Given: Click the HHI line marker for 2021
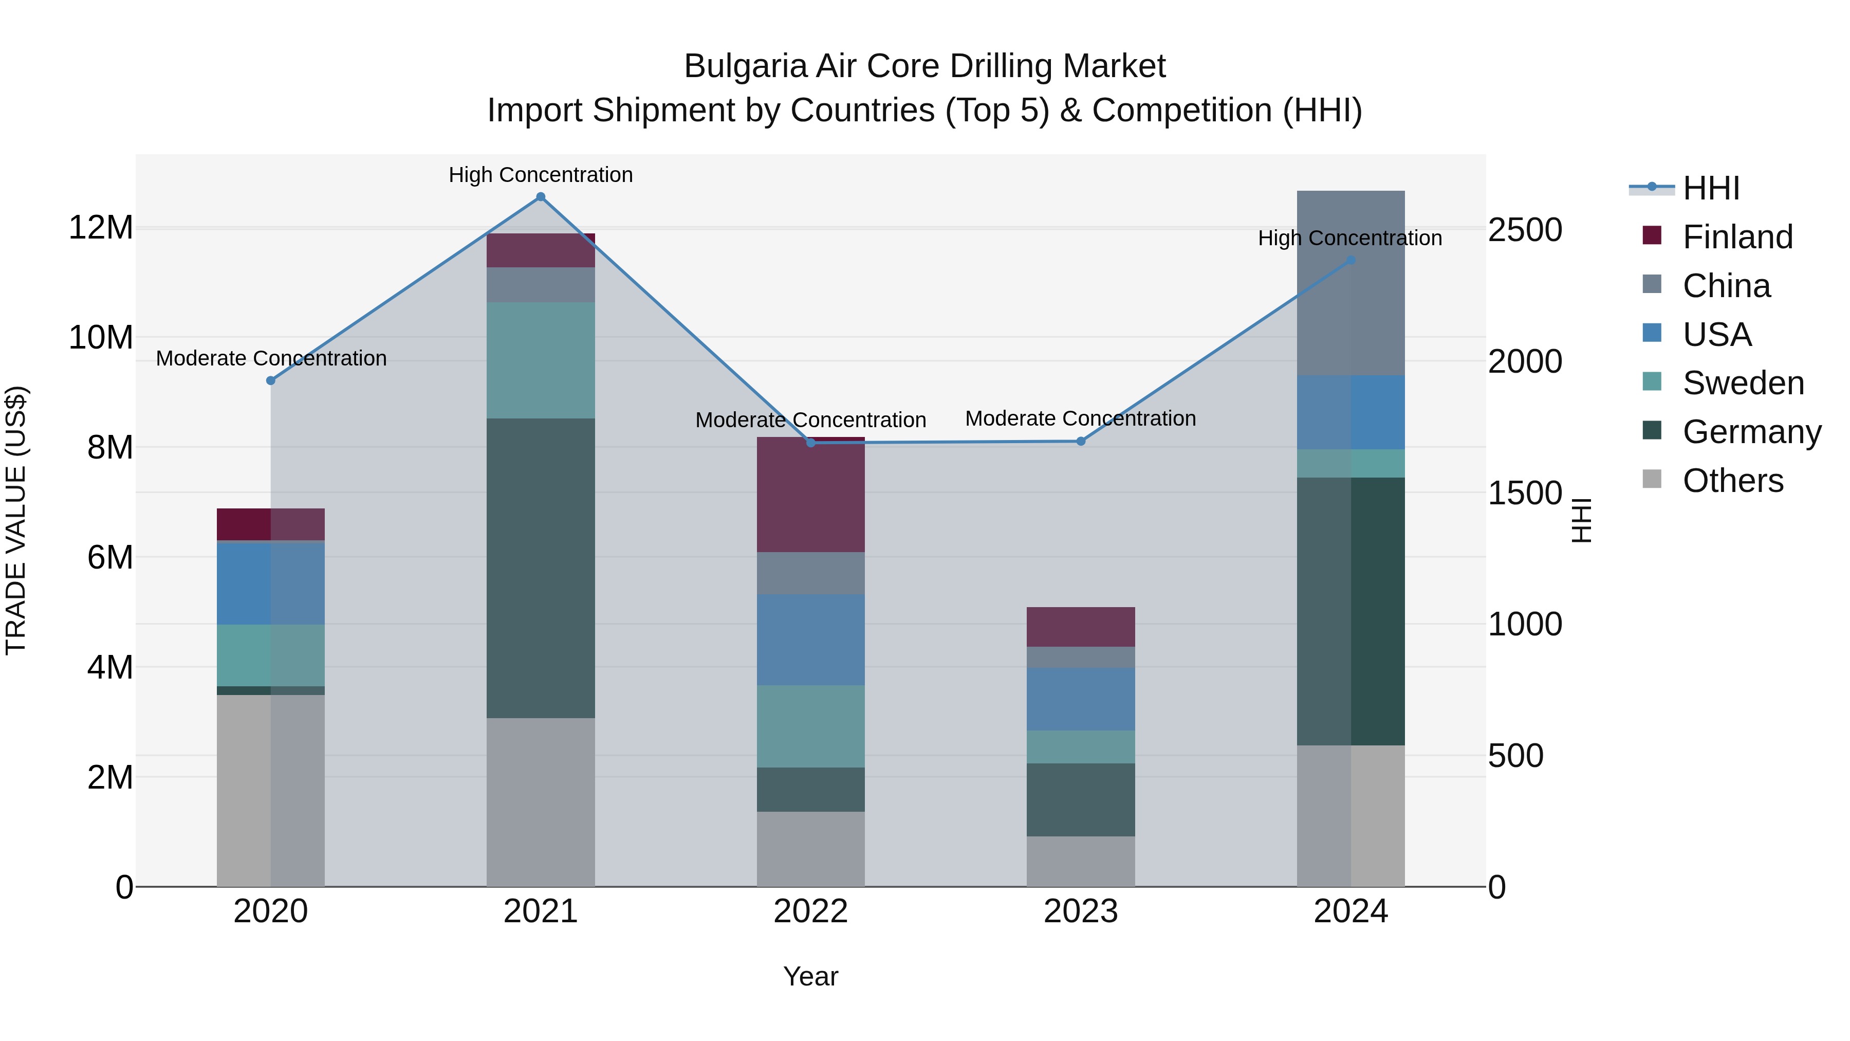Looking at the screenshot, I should (541, 197).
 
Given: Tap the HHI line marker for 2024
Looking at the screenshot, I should (1351, 260).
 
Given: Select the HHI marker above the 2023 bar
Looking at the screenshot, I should (1081, 441).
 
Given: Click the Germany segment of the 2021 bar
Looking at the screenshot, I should (541, 568).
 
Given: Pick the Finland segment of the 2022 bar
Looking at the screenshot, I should (811, 496).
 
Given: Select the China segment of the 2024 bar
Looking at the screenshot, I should (1351, 283).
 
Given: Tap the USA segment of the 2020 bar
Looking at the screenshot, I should (271, 583).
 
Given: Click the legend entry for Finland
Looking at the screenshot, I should (1737, 237).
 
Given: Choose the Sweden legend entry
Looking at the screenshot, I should (1743, 383).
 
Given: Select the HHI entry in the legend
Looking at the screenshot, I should (1711, 188).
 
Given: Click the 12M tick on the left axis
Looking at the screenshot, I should (101, 228).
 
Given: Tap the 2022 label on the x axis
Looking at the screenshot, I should (811, 911).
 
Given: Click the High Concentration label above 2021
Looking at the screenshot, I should (541, 175).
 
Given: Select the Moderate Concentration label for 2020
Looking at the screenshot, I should (271, 358).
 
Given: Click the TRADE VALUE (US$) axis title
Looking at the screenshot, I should (16, 520).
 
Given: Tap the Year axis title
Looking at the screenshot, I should (811, 976).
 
